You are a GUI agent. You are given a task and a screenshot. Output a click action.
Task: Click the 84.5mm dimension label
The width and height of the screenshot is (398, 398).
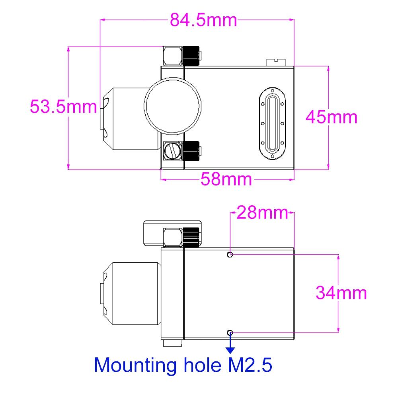(x=203, y=20)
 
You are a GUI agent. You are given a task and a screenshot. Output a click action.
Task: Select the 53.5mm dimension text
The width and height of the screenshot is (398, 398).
(x=63, y=107)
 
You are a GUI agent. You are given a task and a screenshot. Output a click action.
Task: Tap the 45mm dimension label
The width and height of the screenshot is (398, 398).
(x=332, y=117)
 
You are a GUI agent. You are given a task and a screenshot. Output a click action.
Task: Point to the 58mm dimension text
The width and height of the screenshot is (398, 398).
(x=226, y=179)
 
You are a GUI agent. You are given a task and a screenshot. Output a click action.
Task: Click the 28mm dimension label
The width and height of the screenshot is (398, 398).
(x=262, y=213)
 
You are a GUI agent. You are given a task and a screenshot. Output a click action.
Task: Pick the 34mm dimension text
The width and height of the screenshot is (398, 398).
(x=341, y=293)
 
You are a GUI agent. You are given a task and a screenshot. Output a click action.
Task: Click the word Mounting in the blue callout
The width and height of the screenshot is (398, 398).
(x=135, y=365)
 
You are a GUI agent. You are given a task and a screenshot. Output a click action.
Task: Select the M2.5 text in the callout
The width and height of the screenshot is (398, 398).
(x=250, y=365)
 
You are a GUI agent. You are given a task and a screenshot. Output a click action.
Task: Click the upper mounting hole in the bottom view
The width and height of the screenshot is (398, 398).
(x=230, y=254)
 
